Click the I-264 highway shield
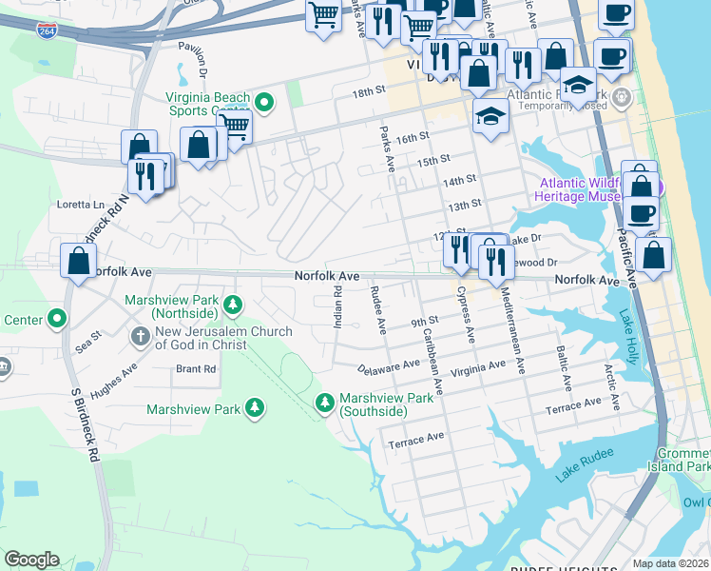point(46,31)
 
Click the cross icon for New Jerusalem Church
point(140,335)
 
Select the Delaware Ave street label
point(389,365)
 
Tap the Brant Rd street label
point(195,368)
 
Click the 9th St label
point(423,322)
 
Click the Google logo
point(31,560)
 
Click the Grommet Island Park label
point(684,460)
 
